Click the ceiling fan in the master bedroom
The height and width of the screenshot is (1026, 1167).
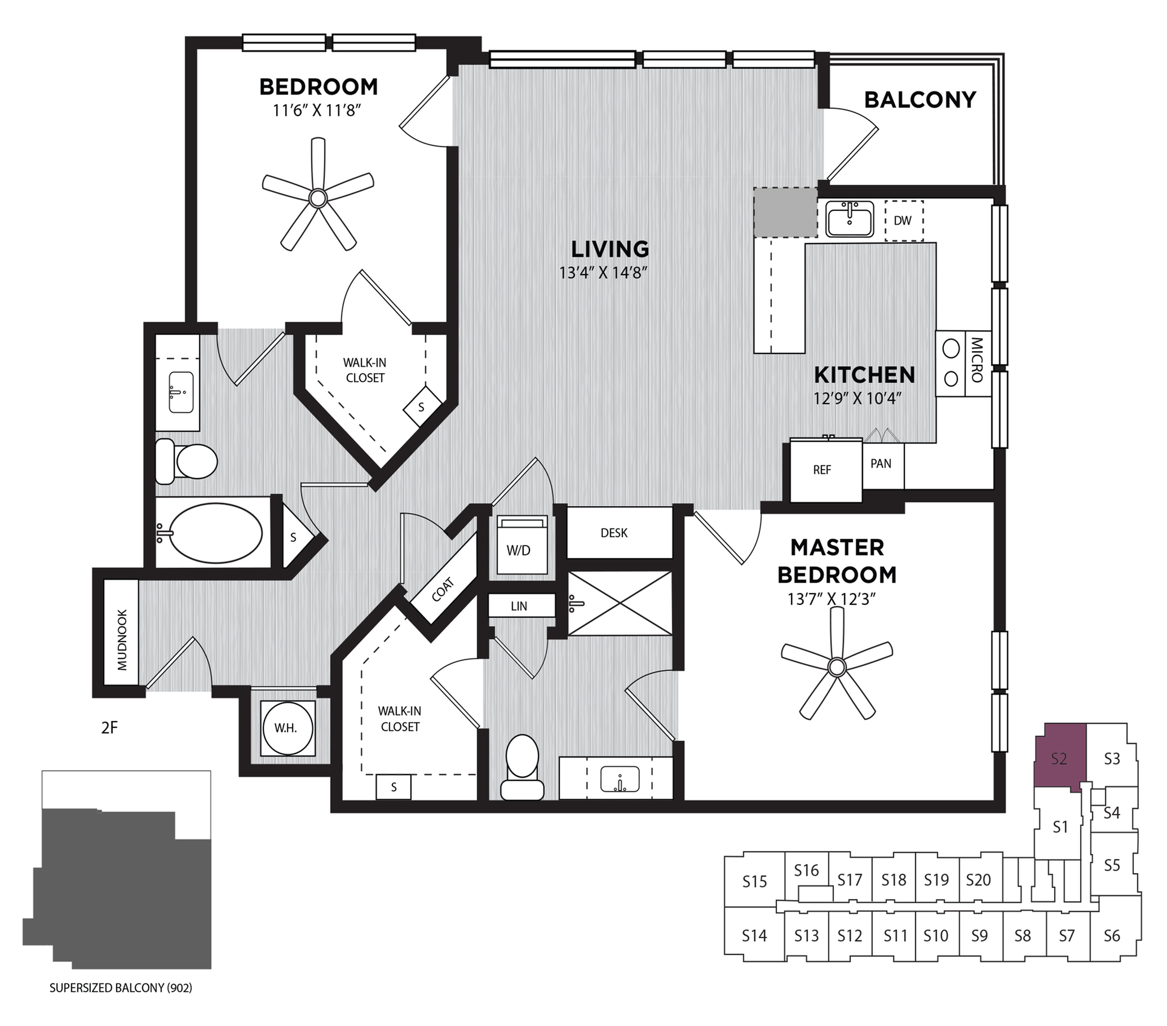point(837,666)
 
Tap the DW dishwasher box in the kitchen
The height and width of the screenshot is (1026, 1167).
point(903,220)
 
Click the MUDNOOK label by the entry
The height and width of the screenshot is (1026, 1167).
point(122,639)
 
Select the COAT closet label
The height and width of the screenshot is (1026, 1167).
point(443,590)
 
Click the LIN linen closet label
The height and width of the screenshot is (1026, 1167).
point(520,606)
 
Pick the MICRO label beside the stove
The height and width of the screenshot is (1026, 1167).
point(976,361)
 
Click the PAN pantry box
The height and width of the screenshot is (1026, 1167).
point(881,463)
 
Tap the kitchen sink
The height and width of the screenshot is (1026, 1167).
point(850,219)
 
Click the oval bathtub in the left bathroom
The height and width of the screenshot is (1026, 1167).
point(216,533)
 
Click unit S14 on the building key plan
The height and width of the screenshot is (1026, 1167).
point(754,936)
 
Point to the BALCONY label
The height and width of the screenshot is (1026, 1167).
point(920,100)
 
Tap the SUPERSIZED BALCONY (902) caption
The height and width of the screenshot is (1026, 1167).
point(121,988)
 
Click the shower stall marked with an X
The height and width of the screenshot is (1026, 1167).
point(620,603)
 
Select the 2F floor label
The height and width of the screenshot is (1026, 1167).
point(109,728)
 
